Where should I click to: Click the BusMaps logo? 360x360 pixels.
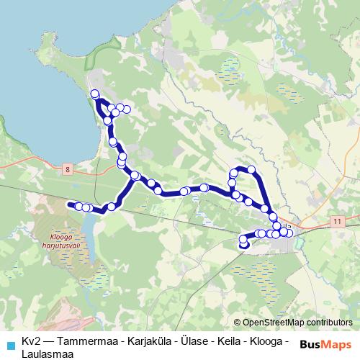325,343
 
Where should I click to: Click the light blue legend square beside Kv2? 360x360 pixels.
9,341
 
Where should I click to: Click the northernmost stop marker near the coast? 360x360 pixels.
94,93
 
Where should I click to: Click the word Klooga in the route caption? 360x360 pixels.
264,341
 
